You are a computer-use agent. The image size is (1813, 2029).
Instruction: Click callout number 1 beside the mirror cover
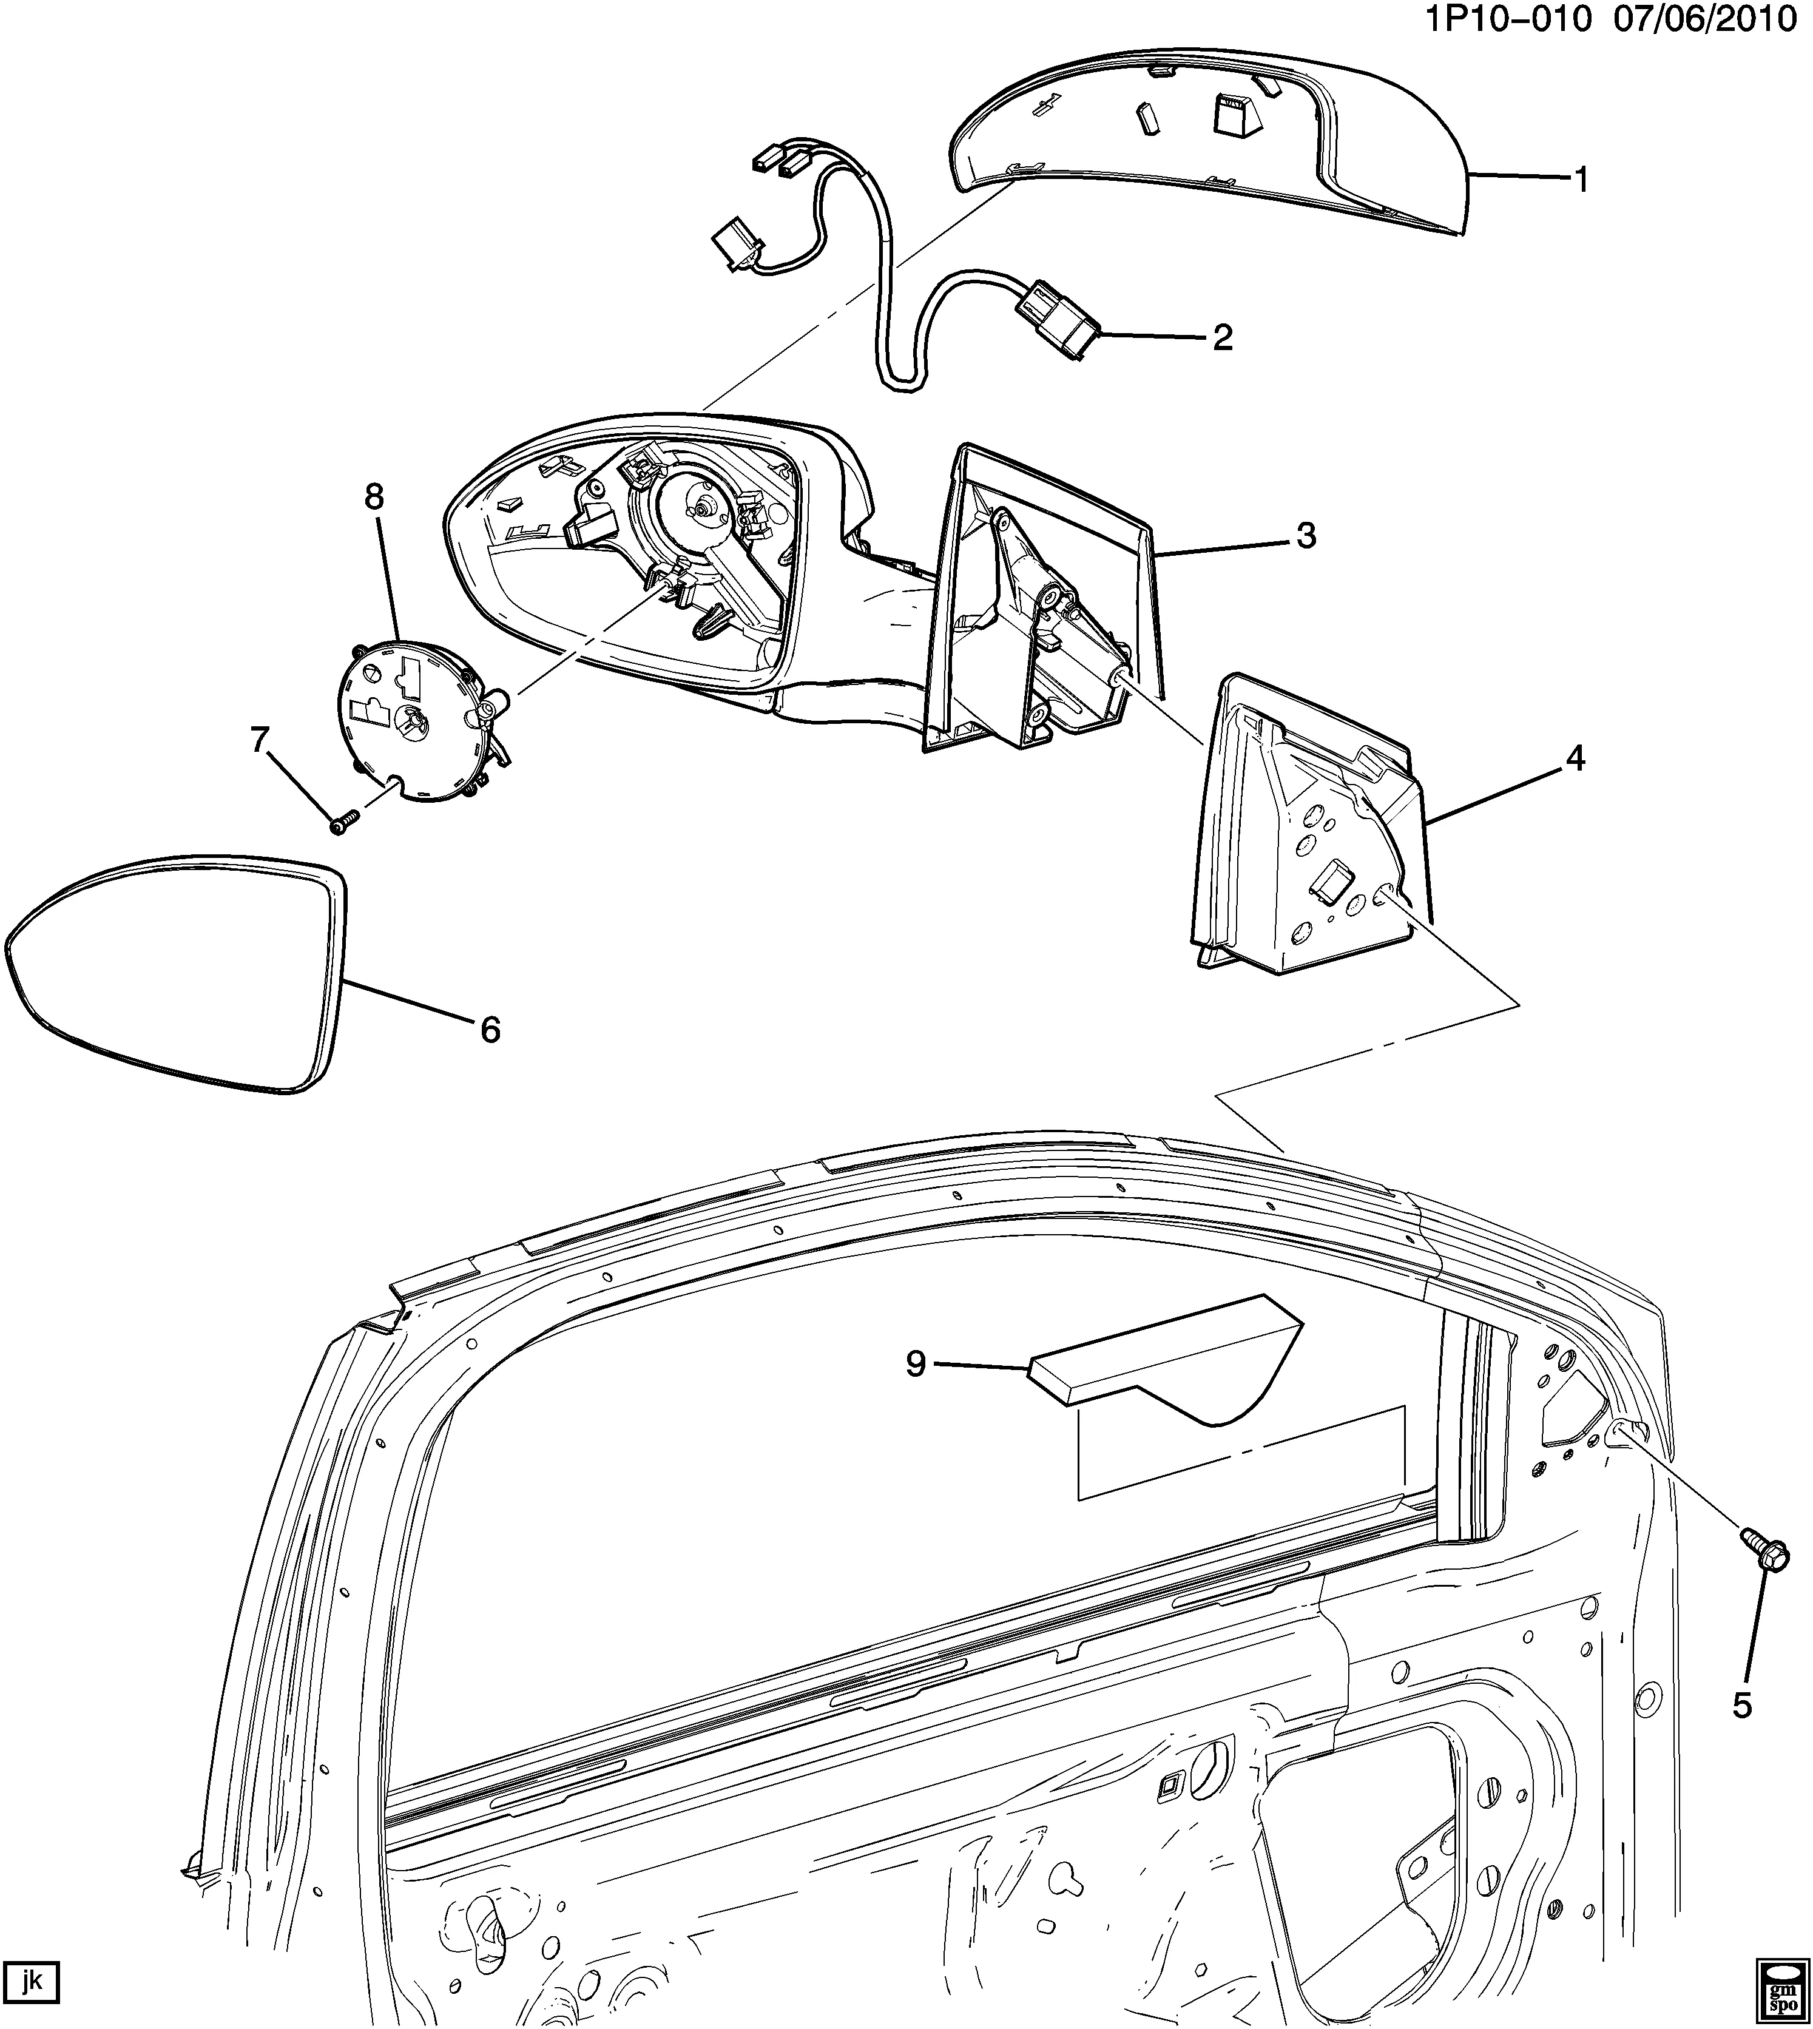1580,180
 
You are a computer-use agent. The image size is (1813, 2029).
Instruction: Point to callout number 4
1574,759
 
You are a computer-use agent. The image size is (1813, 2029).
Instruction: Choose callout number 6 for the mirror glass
490,1029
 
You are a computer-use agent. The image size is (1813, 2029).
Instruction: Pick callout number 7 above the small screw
260,740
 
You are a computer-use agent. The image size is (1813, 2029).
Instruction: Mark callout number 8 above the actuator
374,496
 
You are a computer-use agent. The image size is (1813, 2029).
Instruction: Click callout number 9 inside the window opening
916,1363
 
